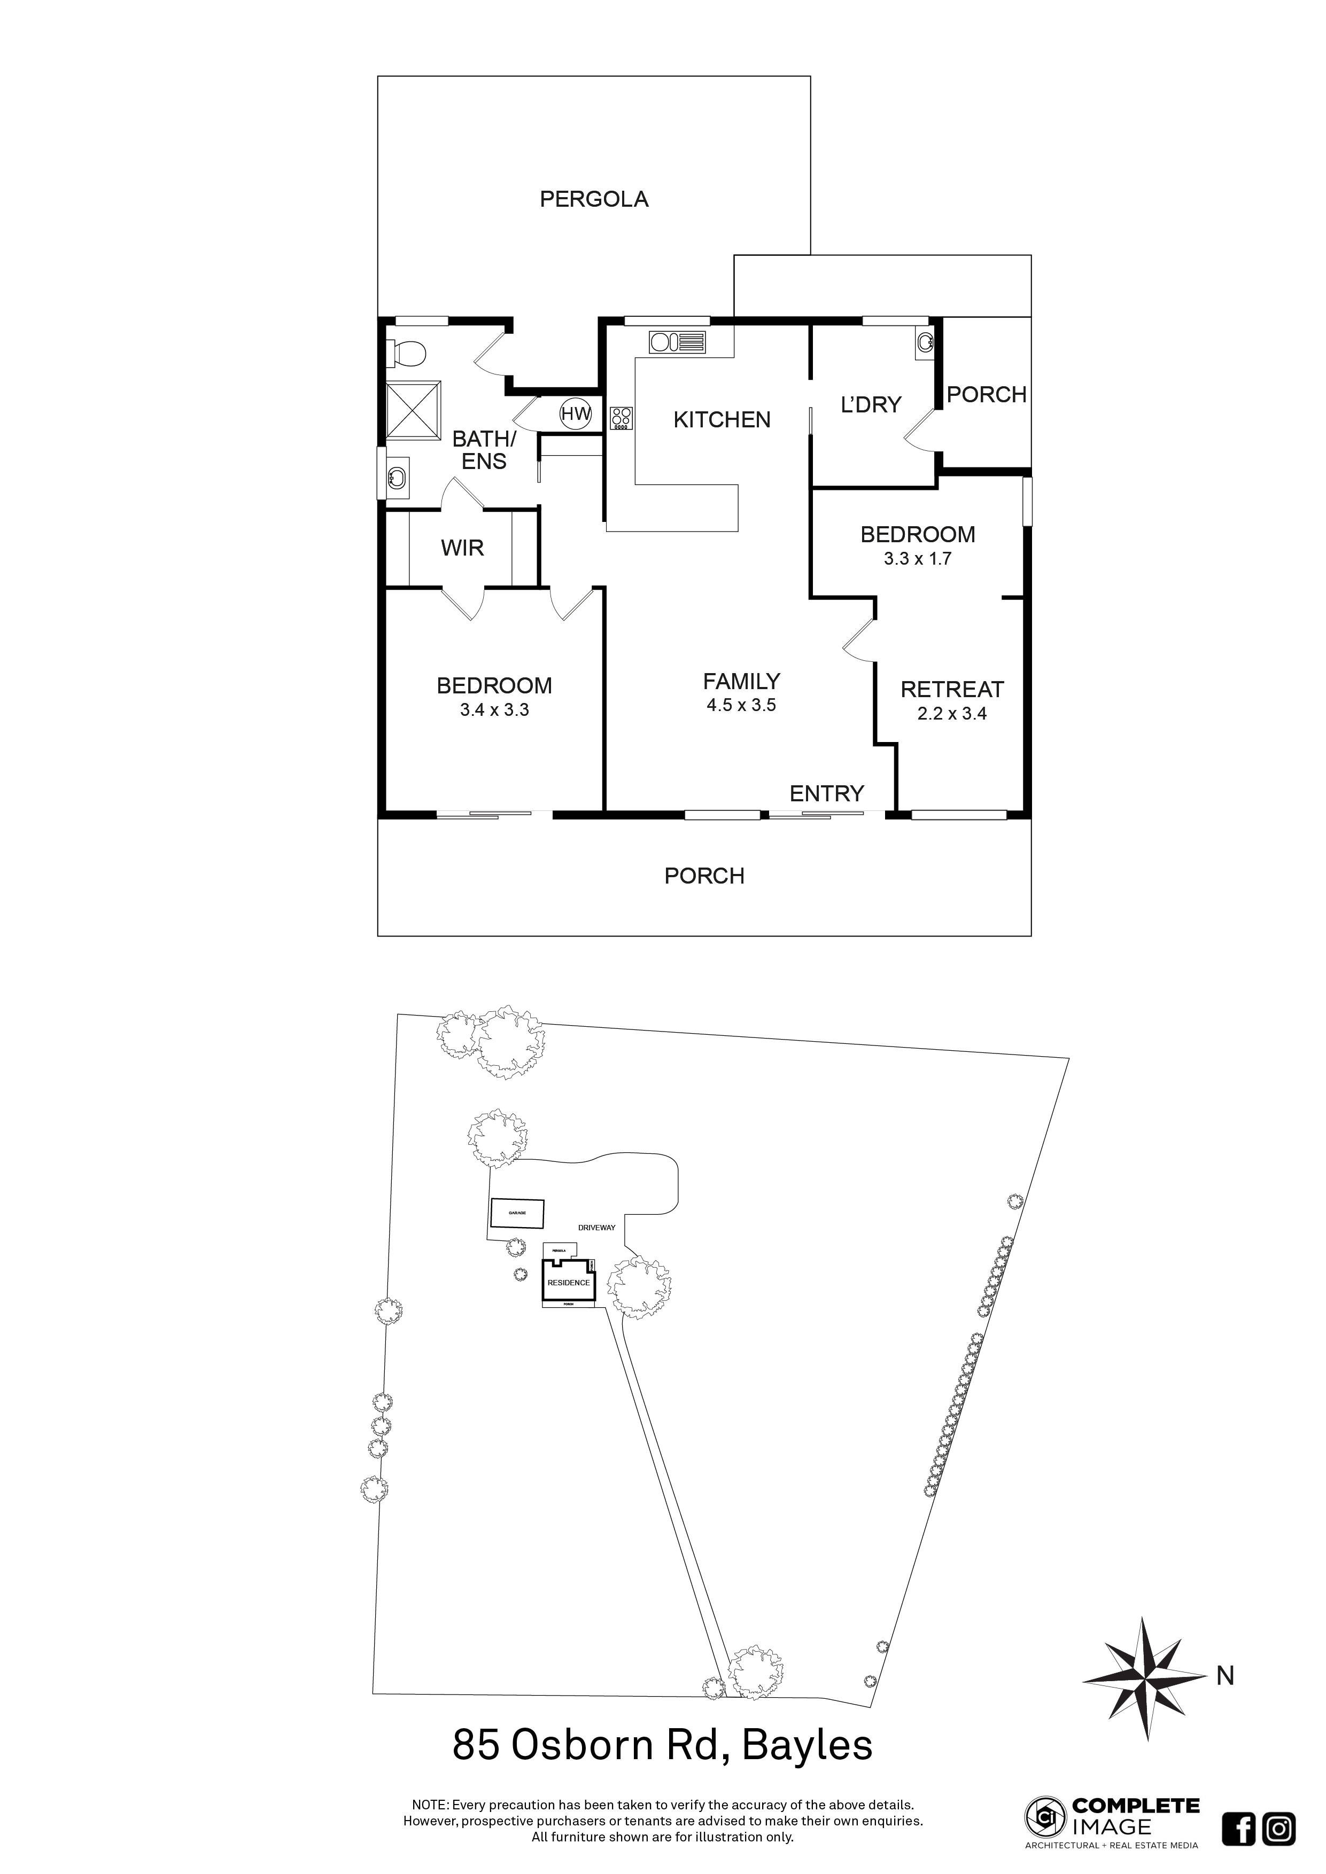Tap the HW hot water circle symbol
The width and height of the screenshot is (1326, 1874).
575,414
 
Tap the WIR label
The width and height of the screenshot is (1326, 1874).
462,548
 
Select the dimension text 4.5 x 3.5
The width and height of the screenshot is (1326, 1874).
741,705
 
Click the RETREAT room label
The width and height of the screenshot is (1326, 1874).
951,689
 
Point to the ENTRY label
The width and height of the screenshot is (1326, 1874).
826,793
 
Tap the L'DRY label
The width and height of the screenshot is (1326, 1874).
871,404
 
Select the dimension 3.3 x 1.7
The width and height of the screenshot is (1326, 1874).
918,559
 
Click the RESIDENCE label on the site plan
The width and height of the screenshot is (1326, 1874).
568,1282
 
